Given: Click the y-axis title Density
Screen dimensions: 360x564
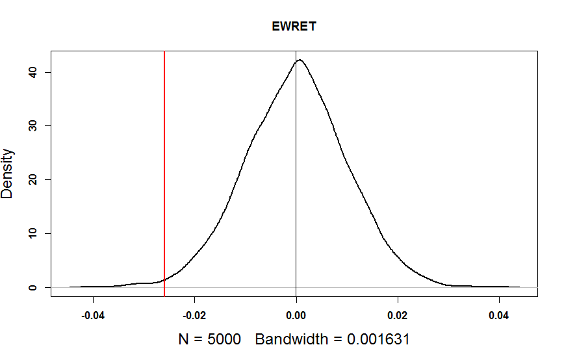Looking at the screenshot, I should coord(8,174).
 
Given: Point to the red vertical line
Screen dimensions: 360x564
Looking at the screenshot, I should coord(164,162).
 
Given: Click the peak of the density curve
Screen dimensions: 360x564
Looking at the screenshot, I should coord(300,60).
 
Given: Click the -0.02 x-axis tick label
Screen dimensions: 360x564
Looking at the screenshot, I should coord(194,318).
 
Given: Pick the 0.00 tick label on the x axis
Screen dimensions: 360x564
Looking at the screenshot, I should coord(296,318).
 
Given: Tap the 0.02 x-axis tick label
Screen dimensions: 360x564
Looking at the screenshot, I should coord(398,318).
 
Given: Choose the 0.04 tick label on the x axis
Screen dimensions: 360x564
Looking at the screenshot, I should coord(499,318).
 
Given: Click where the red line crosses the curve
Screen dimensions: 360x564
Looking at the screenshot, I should coord(164,280).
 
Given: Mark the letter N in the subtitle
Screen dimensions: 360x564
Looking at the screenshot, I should coord(183,340).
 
